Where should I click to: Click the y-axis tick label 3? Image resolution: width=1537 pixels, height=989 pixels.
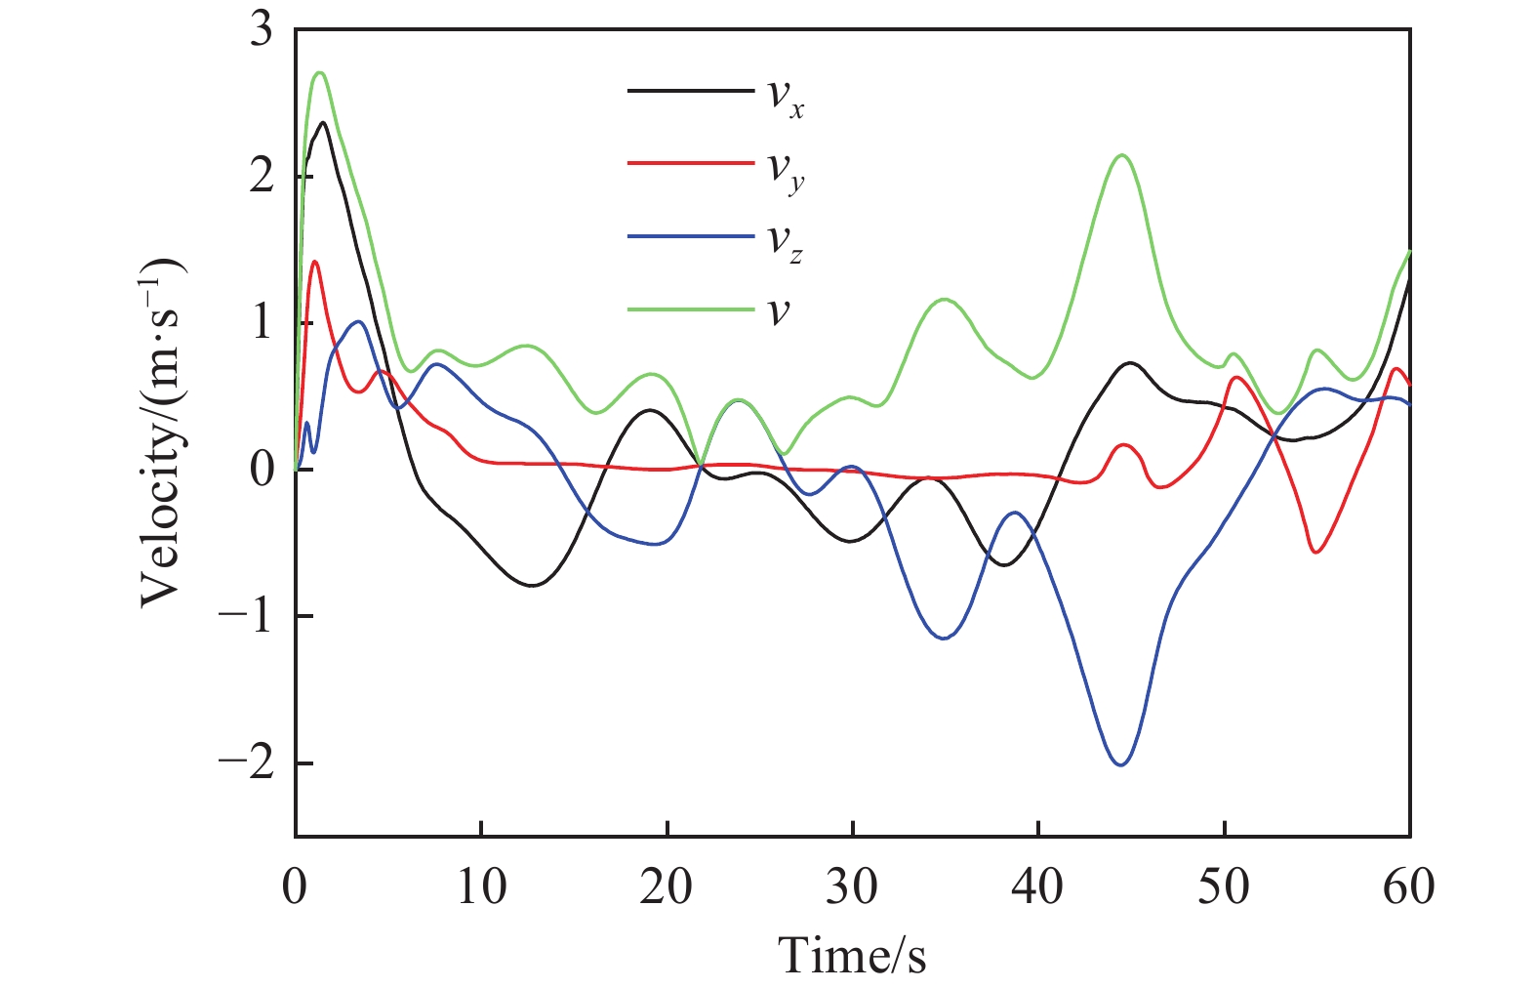point(262,31)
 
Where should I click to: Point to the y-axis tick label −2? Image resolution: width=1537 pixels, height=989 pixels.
point(246,762)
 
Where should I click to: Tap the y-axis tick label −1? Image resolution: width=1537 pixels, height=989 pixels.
point(246,616)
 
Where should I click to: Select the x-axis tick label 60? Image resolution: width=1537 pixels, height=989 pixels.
point(1408,887)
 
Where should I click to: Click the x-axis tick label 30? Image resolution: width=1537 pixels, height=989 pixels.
point(852,887)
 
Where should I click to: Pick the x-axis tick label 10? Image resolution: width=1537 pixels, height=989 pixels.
point(481,887)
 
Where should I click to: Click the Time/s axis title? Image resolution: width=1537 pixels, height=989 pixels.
point(852,954)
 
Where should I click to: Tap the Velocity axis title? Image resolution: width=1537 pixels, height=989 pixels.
point(162,432)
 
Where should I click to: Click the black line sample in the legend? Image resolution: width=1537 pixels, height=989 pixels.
point(690,91)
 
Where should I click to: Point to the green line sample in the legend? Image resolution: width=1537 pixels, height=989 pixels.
point(690,309)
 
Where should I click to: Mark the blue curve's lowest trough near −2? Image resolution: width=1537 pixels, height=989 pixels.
point(1120,764)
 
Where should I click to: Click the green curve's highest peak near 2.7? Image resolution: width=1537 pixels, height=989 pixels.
point(319,72)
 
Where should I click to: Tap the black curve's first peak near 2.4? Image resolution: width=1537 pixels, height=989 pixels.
point(322,122)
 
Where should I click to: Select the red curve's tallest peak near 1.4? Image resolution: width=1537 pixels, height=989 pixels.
point(314,262)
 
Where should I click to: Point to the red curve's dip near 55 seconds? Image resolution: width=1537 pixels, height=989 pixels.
point(1316,553)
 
